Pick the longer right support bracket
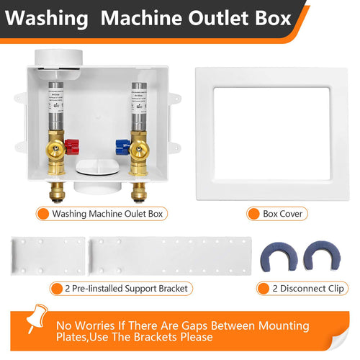pos(169,255)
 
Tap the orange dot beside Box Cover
pos(253,214)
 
